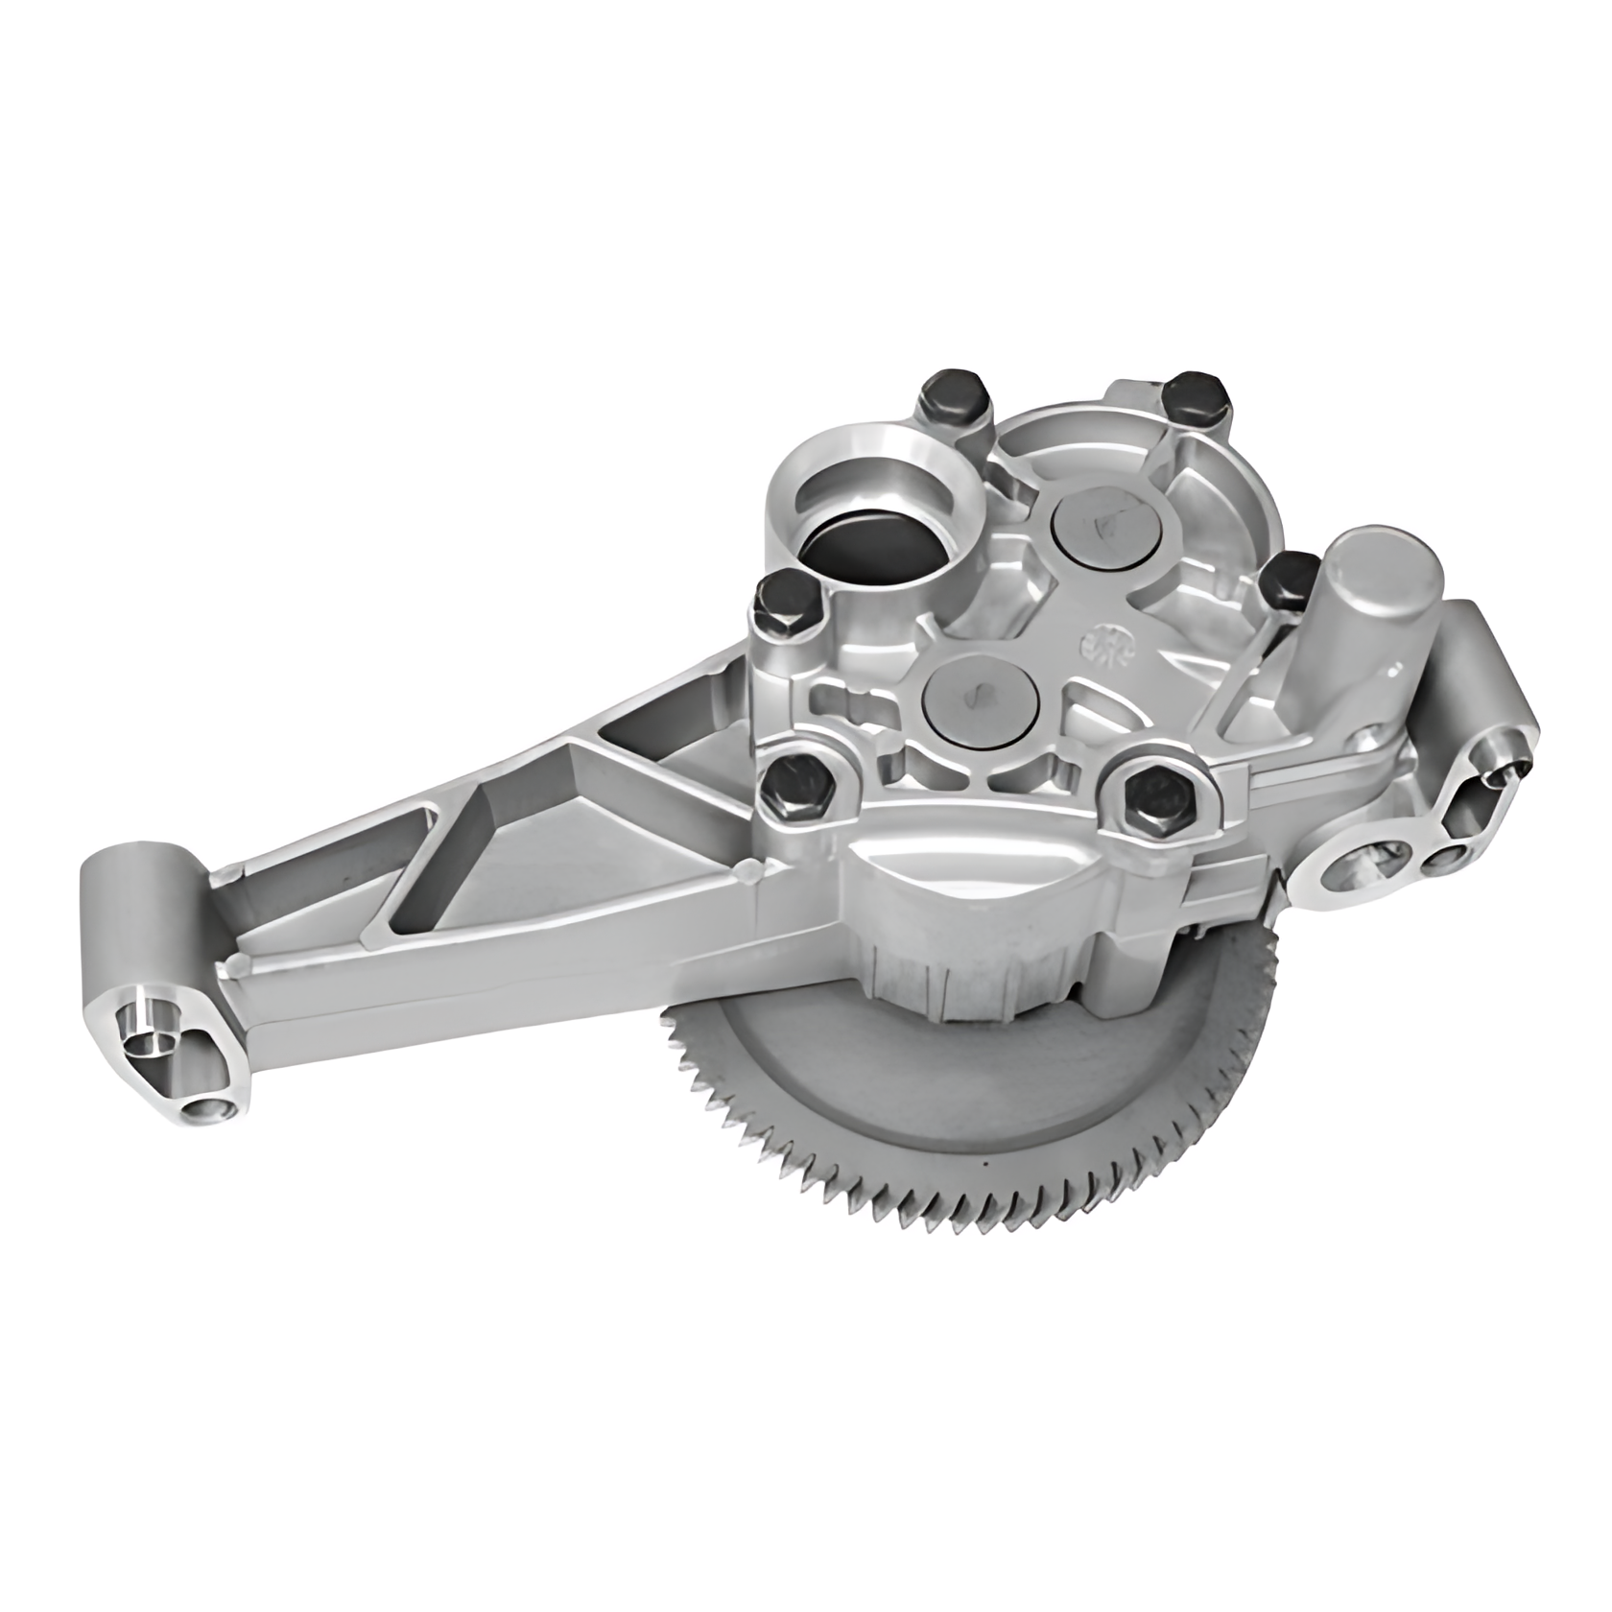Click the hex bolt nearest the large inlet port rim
pyautogui.click(x=952, y=402)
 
